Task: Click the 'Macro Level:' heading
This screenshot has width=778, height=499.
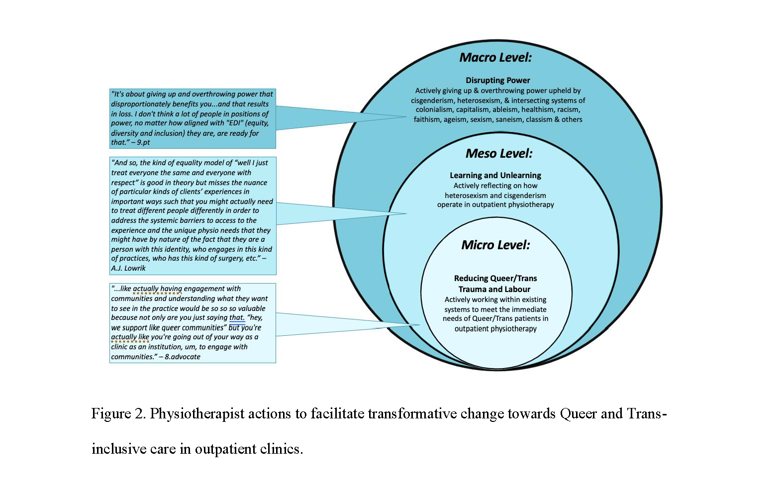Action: (495, 58)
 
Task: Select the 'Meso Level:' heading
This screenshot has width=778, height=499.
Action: (499, 154)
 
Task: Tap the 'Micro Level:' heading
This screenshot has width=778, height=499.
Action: (495, 245)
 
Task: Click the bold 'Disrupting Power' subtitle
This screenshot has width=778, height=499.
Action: (498, 80)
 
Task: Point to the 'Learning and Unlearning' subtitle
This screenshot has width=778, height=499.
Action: (495, 175)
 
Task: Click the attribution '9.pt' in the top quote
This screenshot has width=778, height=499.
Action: (143, 142)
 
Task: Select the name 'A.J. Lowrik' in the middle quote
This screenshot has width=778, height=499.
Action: (128, 268)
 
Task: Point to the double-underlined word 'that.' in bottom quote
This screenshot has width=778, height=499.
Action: (237, 318)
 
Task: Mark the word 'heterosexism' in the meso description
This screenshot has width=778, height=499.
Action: (466, 196)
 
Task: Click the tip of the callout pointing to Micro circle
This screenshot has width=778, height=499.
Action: (419, 325)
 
